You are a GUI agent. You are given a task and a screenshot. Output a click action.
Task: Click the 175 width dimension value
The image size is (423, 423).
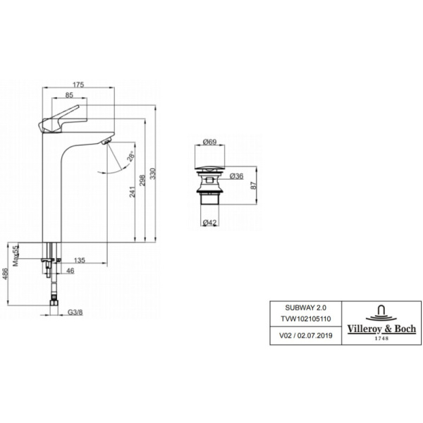pos(78,85)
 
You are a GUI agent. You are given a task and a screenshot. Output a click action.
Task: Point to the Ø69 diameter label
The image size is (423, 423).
pos(209,142)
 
